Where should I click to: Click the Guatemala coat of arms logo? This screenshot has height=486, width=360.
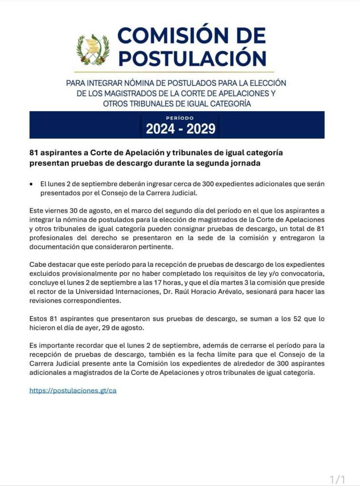[x=93, y=49]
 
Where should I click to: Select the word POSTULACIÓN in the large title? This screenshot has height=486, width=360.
[x=192, y=58]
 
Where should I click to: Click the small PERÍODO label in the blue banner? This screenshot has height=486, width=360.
[x=180, y=118]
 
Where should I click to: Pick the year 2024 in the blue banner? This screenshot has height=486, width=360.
[x=162, y=129]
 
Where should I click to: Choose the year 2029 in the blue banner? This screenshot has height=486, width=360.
[x=201, y=129]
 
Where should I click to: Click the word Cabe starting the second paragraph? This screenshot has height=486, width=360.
[x=37, y=264]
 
